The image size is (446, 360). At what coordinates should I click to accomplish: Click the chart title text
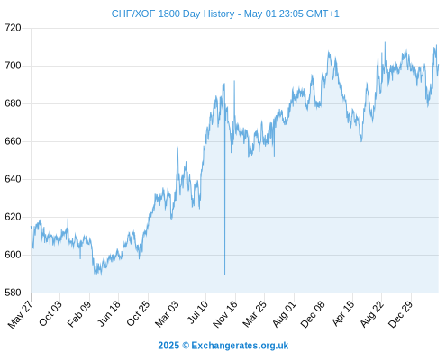225,13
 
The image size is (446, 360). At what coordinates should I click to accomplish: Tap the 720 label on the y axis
13,28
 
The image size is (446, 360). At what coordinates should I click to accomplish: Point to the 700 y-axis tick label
13,66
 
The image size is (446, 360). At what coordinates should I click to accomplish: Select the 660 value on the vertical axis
13,141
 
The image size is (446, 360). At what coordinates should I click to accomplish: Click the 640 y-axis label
13,179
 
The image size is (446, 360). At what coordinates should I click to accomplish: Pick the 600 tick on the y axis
13,255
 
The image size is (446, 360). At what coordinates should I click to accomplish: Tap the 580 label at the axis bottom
13,292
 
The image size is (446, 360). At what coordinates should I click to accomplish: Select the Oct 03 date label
50,312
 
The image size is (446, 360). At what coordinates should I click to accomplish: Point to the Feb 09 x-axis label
79,313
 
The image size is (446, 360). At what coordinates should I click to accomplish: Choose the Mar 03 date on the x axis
167,313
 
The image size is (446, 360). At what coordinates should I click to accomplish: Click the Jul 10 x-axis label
197,311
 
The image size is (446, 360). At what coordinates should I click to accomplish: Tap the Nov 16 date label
225,313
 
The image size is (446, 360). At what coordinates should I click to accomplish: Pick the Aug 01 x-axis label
284,313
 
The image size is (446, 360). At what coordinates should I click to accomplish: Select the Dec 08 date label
313,313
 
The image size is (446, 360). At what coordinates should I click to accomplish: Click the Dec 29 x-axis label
401,313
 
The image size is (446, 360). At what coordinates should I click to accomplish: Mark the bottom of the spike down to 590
224,274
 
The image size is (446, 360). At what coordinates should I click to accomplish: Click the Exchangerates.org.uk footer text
240,346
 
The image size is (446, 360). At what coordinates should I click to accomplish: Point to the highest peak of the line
385,42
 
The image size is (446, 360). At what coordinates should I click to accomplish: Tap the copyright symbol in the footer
186,346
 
